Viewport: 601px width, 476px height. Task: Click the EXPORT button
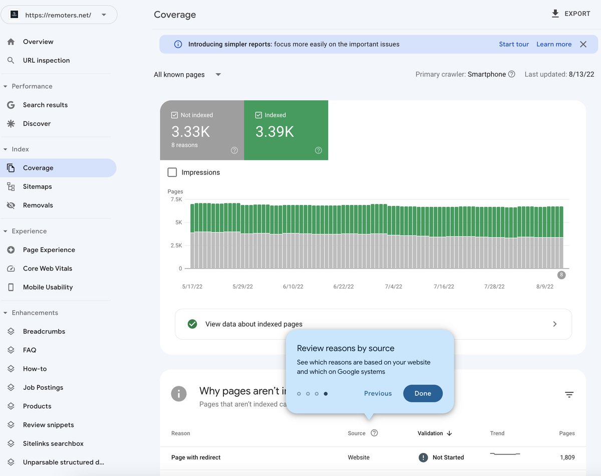[x=571, y=14]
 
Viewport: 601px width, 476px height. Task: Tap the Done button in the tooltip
[x=423, y=393]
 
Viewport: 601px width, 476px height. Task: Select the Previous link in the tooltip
[x=378, y=393]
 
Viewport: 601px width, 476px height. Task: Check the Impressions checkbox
[x=172, y=172]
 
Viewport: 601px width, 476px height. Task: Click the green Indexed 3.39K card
[x=286, y=130]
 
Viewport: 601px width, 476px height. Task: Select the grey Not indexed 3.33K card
[x=202, y=130]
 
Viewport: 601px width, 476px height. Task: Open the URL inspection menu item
[x=46, y=60]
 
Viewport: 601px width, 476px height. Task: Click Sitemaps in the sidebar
[x=37, y=186]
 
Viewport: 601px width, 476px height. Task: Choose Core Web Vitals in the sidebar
[x=48, y=269]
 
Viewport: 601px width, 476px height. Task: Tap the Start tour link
[x=514, y=44]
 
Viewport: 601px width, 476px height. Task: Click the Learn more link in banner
[x=554, y=44]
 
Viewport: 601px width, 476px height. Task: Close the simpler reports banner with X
[x=583, y=44]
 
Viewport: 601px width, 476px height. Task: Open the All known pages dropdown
[x=187, y=75]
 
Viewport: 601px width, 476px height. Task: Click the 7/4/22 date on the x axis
[x=393, y=287]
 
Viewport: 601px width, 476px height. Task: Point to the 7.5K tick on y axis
[x=176, y=199]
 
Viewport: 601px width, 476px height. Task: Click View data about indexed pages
[x=373, y=324]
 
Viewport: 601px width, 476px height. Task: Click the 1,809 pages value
[x=567, y=457]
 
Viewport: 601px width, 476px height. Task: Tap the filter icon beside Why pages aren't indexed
[x=569, y=395]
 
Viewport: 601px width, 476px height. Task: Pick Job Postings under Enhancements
[x=43, y=387]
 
